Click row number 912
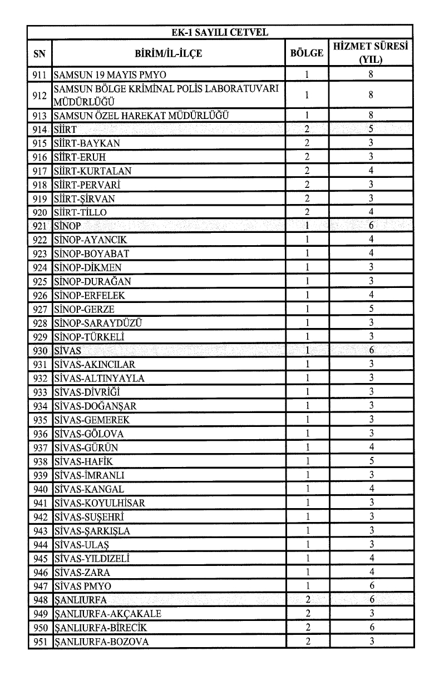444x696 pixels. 40,95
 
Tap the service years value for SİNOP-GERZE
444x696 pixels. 371,309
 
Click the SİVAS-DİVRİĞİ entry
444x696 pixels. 88,392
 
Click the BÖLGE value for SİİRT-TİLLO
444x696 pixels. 307,212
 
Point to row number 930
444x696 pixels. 40,351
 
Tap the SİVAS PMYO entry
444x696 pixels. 82,586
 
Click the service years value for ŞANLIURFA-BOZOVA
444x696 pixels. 371,642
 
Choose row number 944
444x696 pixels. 40,544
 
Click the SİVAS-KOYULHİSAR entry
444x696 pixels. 100,503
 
